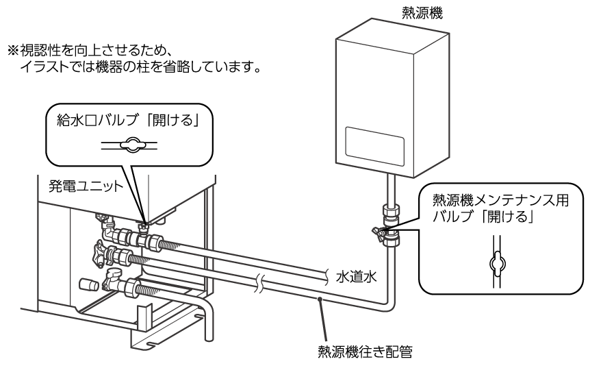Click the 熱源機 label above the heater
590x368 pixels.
(x=422, y=12)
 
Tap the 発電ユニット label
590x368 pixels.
(x=86, y=186)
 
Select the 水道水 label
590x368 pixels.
(x=356, y=276)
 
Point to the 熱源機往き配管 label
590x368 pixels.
(x=364, y=352)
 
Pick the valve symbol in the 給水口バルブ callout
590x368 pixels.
(x=129, y=145)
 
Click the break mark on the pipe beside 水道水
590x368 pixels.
(x=329, y=274)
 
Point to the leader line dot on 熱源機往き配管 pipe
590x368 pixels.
(x=319, y=299)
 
